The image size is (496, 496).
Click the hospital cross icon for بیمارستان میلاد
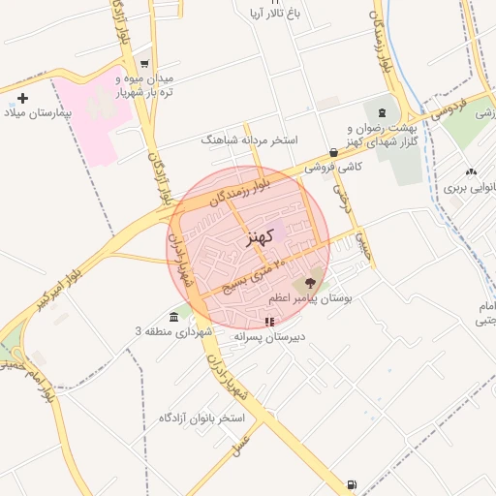(x=23, y=98)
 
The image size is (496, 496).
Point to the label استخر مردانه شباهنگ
(x=248, y=139)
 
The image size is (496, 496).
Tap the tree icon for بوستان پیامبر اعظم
(x=311, y=283)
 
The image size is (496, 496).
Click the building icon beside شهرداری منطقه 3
(x=173, y=318)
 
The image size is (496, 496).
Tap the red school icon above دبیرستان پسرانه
(x=269, y=322)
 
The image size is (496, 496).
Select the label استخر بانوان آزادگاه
(x=203, y=418)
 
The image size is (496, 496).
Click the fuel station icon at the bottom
(x=351, y=484)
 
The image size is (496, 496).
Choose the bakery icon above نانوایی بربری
(x=471, y=171)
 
